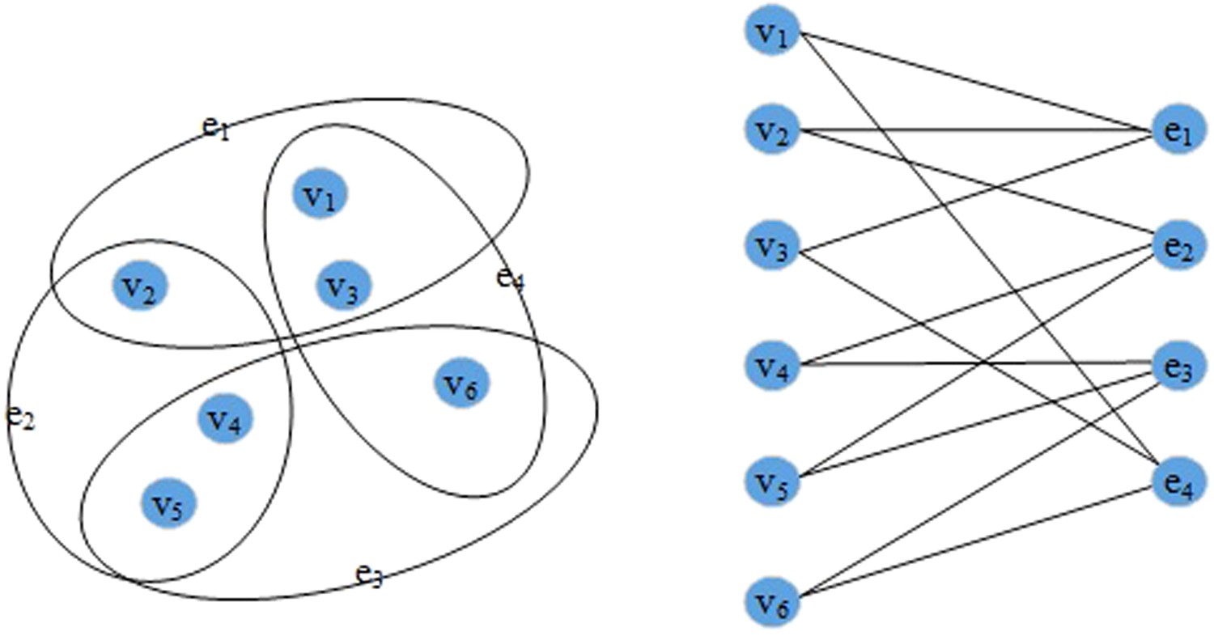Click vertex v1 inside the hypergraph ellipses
click(320, 193)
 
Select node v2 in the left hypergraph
click(139, 285)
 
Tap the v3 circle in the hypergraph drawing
click(343, 285)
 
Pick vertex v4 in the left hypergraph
click(226, 418)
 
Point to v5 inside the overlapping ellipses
click(168, 503)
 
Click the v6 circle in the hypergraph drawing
click(461, 384)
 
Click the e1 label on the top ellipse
click(215, 126)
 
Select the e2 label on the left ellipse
click(20, 416)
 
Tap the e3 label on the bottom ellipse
click(369, 575)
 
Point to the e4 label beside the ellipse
click(510, 279)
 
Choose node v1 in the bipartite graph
click(772, 33)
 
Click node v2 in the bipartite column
click(772, 129)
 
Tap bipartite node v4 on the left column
click(772, 365)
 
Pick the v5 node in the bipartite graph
click(772, 481)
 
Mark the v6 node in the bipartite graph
click(772, 600)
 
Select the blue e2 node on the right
click(1178, 246)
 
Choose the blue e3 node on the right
click(1178, 366)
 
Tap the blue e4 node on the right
click(1178, 482)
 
